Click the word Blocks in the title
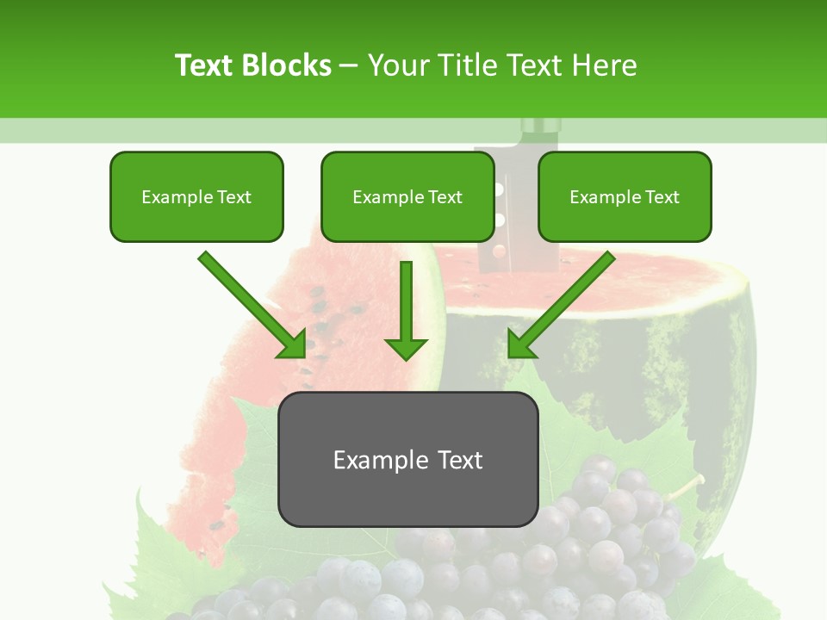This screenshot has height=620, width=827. tap(287, 65)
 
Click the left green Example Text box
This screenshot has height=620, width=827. tap(196, 196)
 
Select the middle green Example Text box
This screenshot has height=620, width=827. tap(407, 196)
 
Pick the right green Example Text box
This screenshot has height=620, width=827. tap(625, 196)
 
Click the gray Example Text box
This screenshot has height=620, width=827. tap(407, 459)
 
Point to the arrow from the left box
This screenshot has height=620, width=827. tap(252, 305)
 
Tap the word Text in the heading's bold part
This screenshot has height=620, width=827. tap(204, 65)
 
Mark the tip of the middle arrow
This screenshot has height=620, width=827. tap(406, 356)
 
